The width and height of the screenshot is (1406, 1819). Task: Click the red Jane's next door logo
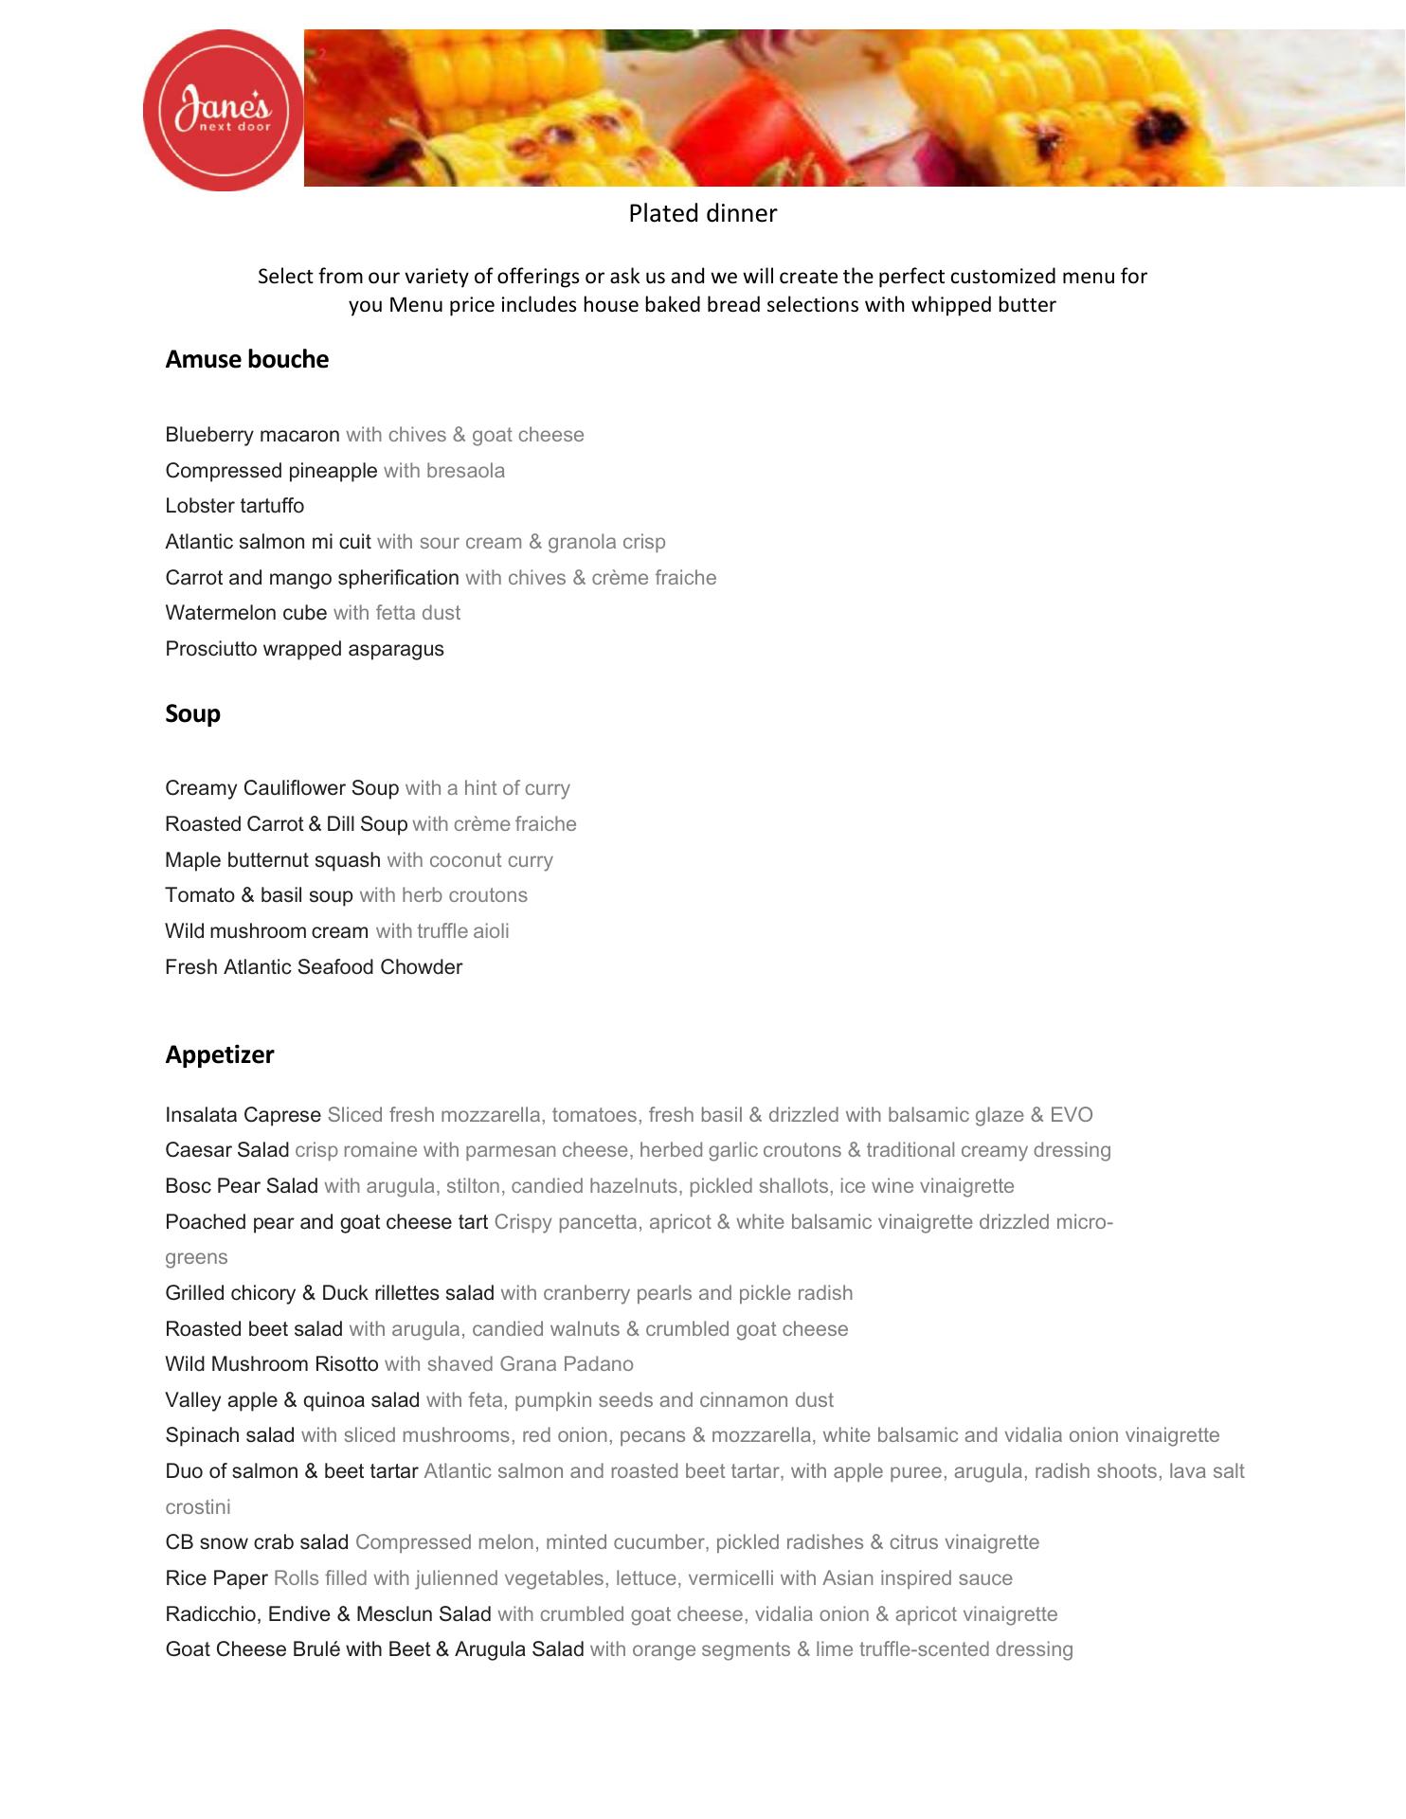[x=224, y=110]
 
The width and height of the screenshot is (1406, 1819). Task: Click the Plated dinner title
[x=702, y=213]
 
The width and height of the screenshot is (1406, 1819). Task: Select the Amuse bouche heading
[x=246, y=359]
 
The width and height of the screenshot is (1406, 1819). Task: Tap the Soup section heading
[x=192, y=713]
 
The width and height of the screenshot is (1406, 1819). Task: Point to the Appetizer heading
[x=219, y=1054]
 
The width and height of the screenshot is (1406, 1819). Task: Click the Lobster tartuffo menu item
[x=234, y=506]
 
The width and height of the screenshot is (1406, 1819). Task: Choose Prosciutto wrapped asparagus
[x=304, y=649]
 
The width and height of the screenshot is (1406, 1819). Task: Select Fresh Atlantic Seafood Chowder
[x=314, y=967]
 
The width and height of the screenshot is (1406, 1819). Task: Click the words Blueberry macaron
[x=252, y=435]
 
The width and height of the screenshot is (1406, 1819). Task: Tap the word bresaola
[x=465, y=471]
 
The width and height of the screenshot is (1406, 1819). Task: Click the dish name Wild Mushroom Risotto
[x=271, y=1364]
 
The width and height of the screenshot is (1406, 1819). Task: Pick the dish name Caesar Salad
[x=226, y=1150]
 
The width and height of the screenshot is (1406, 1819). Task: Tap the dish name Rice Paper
[x=216, y=1578]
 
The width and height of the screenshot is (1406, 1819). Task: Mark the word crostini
[x=198, y=1507]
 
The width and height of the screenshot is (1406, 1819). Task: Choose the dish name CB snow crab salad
[x=257, y=1542]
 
